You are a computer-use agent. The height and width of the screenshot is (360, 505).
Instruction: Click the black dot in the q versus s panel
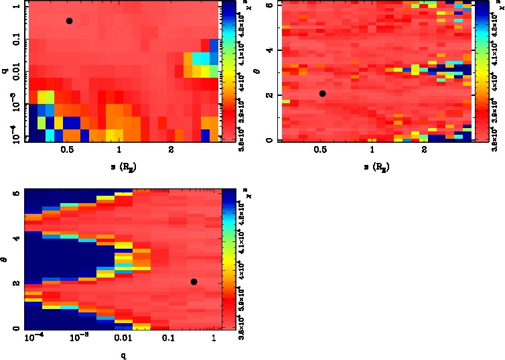tap(69, 21)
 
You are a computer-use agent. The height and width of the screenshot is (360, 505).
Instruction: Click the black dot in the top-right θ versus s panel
tap(322, 93)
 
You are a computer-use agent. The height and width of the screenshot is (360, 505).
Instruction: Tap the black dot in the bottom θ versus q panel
tap(194, 282)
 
